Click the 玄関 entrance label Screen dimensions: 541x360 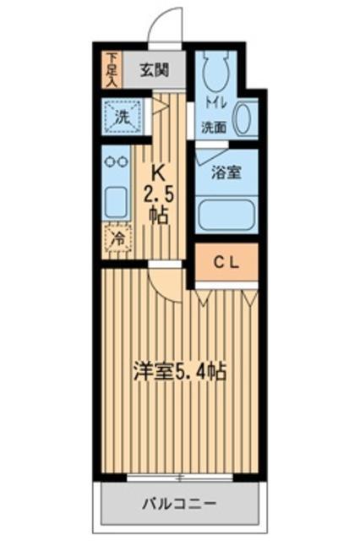click(153, 68)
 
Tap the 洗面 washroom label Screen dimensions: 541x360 click(214, 128)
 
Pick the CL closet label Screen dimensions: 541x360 click(226, 263)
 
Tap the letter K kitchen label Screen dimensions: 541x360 click(157, 172)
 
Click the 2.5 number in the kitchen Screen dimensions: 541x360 click(157, 193)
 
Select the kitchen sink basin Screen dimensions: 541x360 click(116, 200)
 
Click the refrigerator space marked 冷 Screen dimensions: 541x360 click(119, 239)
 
